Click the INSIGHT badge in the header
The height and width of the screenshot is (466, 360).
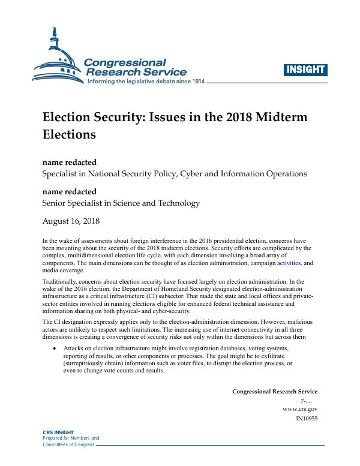(305, 70)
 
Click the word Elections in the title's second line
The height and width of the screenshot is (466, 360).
(69, 134)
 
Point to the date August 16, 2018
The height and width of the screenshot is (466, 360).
(71, 221)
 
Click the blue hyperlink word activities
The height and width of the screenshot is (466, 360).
(287, 263)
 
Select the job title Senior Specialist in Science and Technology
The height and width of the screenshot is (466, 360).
(121, 203)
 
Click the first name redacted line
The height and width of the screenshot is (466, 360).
(69, 162)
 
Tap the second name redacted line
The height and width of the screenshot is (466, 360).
(69, 191)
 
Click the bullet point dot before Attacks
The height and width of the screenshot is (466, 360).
(55, 348)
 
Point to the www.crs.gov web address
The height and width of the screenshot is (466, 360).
(300, 409)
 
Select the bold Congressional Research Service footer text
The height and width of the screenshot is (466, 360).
(275, 392)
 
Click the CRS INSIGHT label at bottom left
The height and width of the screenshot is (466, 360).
(58, 432)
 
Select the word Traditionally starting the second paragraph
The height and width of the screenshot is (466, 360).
(62, 280)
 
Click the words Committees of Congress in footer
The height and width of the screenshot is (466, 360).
(68, 444)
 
